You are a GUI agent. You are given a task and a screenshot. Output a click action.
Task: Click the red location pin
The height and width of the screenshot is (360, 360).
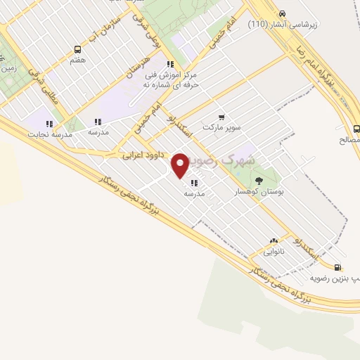coord(181,165)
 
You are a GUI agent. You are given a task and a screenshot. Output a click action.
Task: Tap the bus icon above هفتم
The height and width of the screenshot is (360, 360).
coord(77,49)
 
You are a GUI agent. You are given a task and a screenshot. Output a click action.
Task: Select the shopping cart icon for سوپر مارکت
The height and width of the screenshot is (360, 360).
coord(221,117)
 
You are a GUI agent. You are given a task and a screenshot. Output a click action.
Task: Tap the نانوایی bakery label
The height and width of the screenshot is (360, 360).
coord(274,251)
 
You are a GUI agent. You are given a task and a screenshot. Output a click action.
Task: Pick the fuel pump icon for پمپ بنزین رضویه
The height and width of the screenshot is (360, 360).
coord(339,268)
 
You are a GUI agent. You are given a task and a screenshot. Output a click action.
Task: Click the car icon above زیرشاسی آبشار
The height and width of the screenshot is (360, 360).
coord(282,13)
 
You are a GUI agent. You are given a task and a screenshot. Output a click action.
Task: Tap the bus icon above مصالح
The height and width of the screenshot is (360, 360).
coord(356,129)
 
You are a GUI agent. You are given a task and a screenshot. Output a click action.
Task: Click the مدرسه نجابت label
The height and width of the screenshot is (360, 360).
coord(49,133)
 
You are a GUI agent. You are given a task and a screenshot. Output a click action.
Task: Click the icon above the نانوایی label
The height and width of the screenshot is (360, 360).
coord(274,240)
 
